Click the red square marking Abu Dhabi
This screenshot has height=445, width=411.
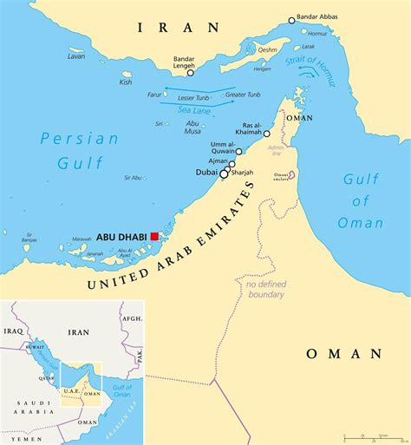point(154,236)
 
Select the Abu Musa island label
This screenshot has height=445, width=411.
point(192,128)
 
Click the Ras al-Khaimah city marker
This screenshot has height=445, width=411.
point(267,134)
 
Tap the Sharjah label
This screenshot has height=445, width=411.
point(242,173)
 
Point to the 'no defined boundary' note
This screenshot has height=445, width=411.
point(264,289)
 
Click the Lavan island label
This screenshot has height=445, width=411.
point(76,56)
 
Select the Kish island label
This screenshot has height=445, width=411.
point(126,82)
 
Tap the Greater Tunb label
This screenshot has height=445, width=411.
point(242,94)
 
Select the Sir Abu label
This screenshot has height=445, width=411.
point(133,178)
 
